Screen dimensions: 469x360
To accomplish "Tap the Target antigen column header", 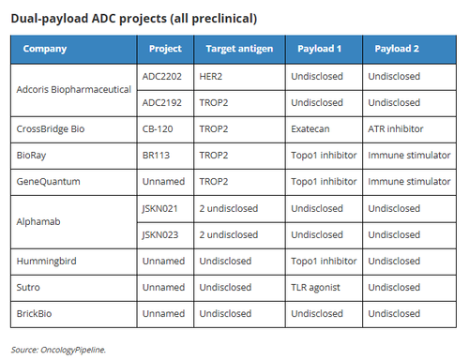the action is [x=239, y=49].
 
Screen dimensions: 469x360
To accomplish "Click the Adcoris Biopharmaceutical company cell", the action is [x=74, y=90].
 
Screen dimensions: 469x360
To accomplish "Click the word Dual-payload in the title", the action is [x=50, y=19].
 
